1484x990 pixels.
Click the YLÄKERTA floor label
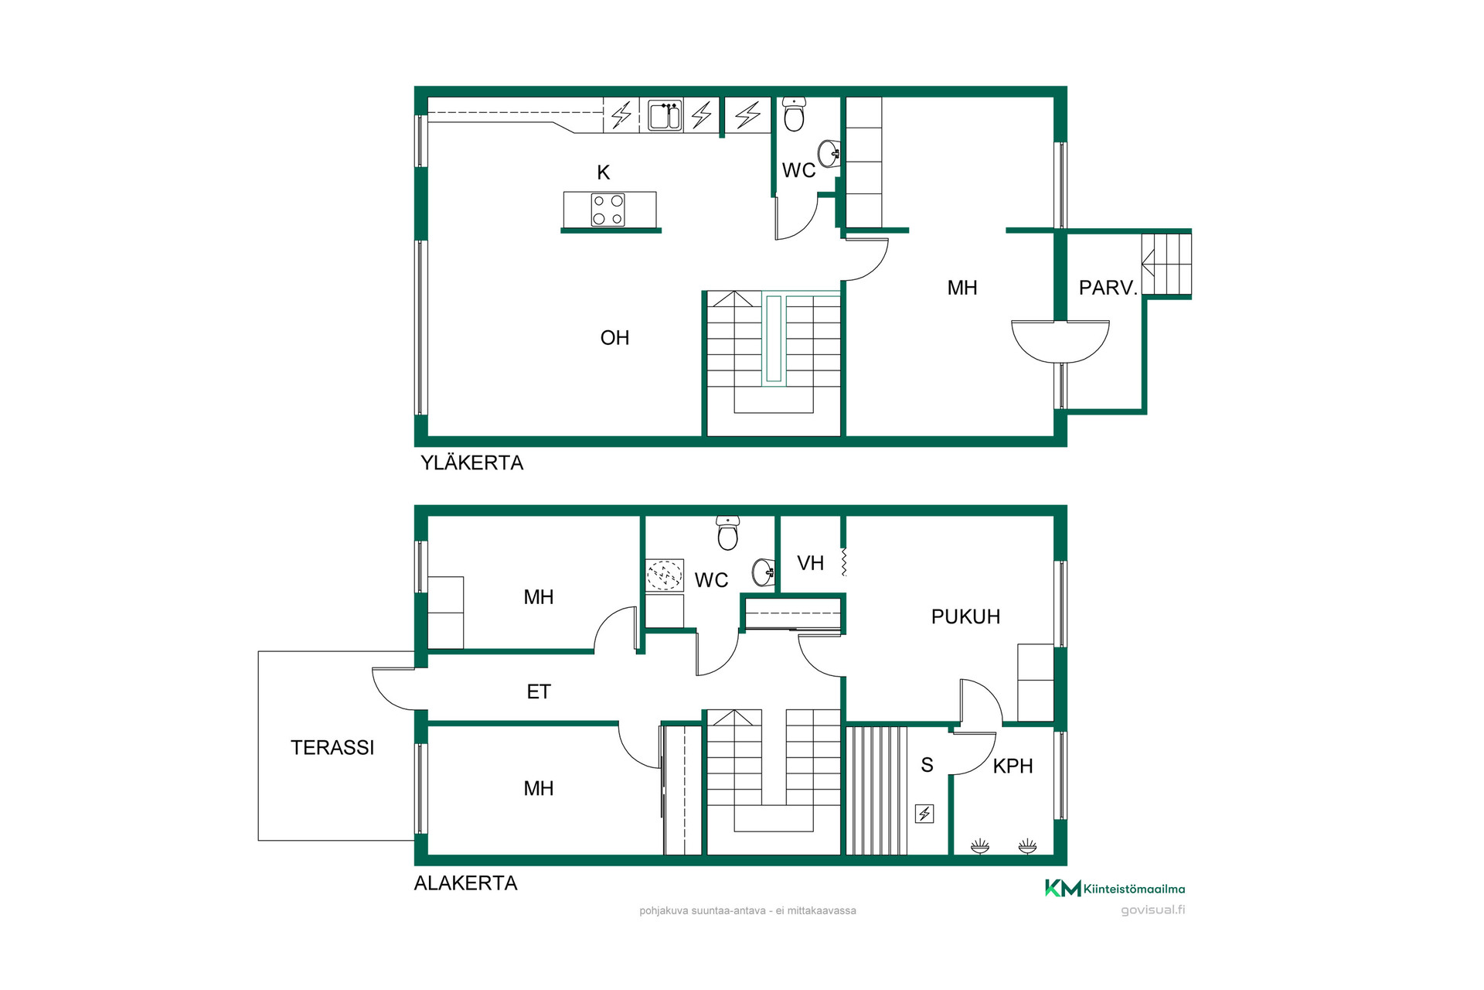pyautogui.click(x=471, y=463)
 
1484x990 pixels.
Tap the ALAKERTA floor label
pyautogui.click(x=465, y=883)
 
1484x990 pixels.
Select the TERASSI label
pyautogui.click(x=332, y=747)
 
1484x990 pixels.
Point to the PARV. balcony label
pyautogui.click(x=1108, y=288)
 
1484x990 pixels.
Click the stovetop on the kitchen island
pyautogui.click(x=608, y=210)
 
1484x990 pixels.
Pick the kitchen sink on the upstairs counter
pyautogui.click(x=665, y=115)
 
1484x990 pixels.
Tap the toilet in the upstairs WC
pyautogui.click(x=794, y=114)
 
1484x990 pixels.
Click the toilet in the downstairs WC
pyautogui.click(x=727, y=533)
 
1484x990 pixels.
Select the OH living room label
pyautogui.click(x=614, y=338)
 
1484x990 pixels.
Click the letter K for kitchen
pyautogui.click(x=604, y=172)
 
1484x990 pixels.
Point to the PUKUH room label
pyautogui.click(x=965, y=616)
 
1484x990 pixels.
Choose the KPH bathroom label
pyautogui.click(x=1013, y=766)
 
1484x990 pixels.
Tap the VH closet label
pyautogui.click(x=810, y=563)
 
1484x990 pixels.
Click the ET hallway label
pyautogui.click(x=539, y=691)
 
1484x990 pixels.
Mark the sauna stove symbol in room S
pyautogui.click(x=924, y=814)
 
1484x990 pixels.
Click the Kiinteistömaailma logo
pyautogui.click(x=1115, y=889)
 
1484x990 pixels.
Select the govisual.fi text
pyautogui.click(x=1152, y=910)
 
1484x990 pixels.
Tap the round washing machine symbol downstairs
pyautogui.click(x=664, y=575)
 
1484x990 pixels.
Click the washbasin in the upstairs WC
pyautogui.click(x=829, y=154)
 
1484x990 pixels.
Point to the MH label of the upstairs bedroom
pyautogui.click(x=962, y=288)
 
